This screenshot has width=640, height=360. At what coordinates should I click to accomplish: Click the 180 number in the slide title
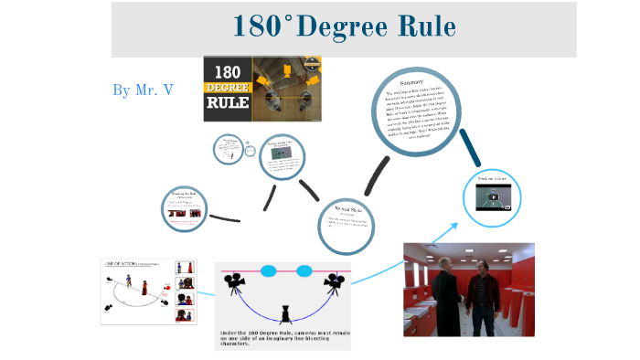click(x=255, y=26)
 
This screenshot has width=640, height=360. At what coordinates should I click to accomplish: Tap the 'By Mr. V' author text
click(x=143, y=90)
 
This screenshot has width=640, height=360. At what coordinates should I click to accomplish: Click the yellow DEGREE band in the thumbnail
click(x=227, y=88)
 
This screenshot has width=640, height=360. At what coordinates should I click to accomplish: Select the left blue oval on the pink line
click(x=268, y=270)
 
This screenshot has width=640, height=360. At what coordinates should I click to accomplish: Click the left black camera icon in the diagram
click(x=236, y=281)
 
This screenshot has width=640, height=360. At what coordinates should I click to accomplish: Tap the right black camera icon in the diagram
click(x=334, y=283)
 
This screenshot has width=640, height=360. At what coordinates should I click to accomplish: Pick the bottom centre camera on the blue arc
click(x=286, y=314)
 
